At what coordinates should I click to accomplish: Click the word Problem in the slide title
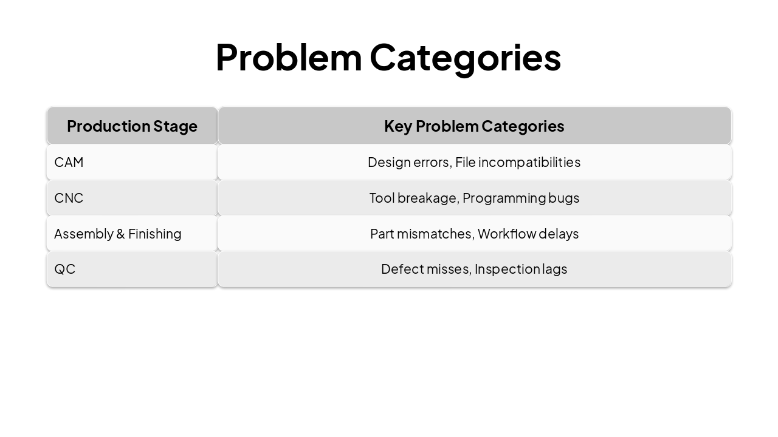[x=288, y=58]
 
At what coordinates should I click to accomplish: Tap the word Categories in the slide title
[x=465, y=58]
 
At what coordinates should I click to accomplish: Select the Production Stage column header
[x=132, y=126]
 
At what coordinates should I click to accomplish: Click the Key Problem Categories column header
[x=474, y=126]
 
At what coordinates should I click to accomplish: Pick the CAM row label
[x=69, y=163]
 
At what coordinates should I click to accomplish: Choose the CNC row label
[x=69, y=198]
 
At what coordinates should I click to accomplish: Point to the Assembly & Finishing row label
[x=117, y=234]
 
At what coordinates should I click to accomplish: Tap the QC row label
[x=64, y=269]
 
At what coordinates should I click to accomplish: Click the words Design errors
[x=409, y=163]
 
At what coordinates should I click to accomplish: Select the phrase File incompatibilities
[x=518, y=163]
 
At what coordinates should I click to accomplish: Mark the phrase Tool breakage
[x=413, y=198]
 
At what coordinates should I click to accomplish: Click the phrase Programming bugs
[x=521, y=198]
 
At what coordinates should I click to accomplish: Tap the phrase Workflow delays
[x=528, y=234]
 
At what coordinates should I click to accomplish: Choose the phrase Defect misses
[x=425, y=269]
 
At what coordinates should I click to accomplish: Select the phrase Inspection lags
[x=521, y=269]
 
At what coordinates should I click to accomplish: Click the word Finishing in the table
[x=154, y=234]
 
